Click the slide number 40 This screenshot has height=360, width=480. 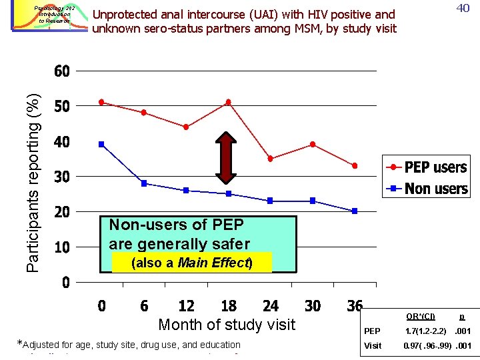(462, 9)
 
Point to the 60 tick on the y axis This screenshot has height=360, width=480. (61, 71)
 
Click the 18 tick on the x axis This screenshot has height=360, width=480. (228, 306)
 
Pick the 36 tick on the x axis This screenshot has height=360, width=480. (354, 306)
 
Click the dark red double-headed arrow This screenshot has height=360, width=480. (228, 158)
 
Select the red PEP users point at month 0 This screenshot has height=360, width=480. (101, 102)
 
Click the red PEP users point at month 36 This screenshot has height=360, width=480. (355, 165)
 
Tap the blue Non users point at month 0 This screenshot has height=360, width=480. (101, 144)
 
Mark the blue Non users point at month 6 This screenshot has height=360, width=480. (144, 183)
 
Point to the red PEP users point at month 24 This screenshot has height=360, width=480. (270, 159)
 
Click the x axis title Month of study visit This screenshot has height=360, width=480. (226, 325)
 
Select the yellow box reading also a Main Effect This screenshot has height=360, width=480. (192, 263)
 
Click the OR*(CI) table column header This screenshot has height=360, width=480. (421, 316)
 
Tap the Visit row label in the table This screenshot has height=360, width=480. (373, 346)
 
